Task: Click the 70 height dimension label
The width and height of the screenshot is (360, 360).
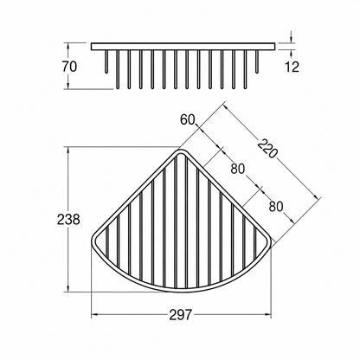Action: coord(69,67)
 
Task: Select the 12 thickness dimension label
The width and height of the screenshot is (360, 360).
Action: coord(292,67)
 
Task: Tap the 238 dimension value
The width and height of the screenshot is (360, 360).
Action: coord(68,220)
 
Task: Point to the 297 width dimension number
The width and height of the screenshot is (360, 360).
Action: coord(181,314)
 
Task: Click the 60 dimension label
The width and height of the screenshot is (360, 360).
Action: coord(188,119)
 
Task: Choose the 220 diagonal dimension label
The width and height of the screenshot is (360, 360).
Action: coord(267,149)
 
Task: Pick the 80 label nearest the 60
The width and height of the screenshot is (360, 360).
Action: coord(237,169)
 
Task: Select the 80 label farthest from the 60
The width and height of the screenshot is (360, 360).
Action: coord(276,207)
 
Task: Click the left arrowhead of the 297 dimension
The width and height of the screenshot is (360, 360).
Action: coord(94,314)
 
